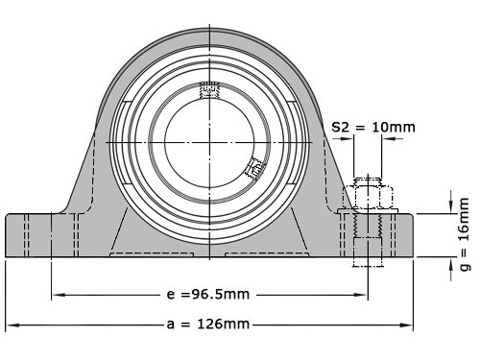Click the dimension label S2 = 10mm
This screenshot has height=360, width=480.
click(373, 128)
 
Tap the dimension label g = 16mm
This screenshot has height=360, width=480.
click(465, 234)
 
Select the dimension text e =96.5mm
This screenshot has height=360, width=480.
click(208, 294)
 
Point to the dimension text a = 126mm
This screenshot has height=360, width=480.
click(208, 324)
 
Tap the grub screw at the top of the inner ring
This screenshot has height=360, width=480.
click(209, 89)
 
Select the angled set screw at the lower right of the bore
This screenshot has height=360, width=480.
click(255, 168)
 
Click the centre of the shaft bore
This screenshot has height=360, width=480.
click(209, 142)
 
